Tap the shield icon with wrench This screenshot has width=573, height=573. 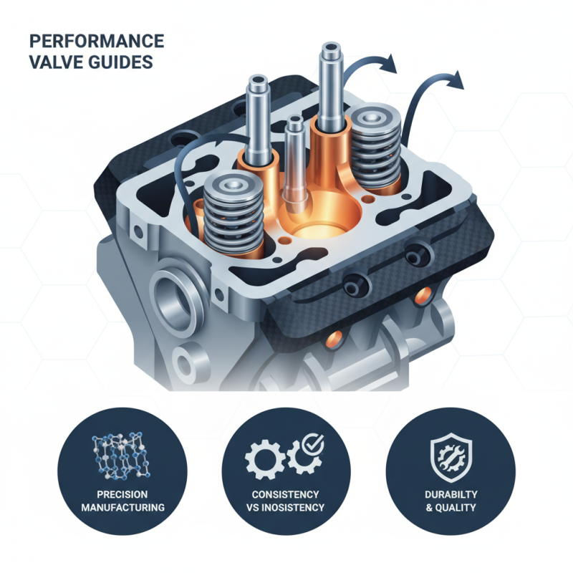450,456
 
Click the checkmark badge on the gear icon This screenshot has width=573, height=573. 312,446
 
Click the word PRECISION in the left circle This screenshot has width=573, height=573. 122,495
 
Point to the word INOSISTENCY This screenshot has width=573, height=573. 294,507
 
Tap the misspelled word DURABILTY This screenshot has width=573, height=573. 450,495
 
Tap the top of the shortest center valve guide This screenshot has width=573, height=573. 294,122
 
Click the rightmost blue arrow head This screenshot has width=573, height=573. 456,80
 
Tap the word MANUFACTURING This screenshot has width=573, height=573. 122,507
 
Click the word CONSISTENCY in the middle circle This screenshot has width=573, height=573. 286,495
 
